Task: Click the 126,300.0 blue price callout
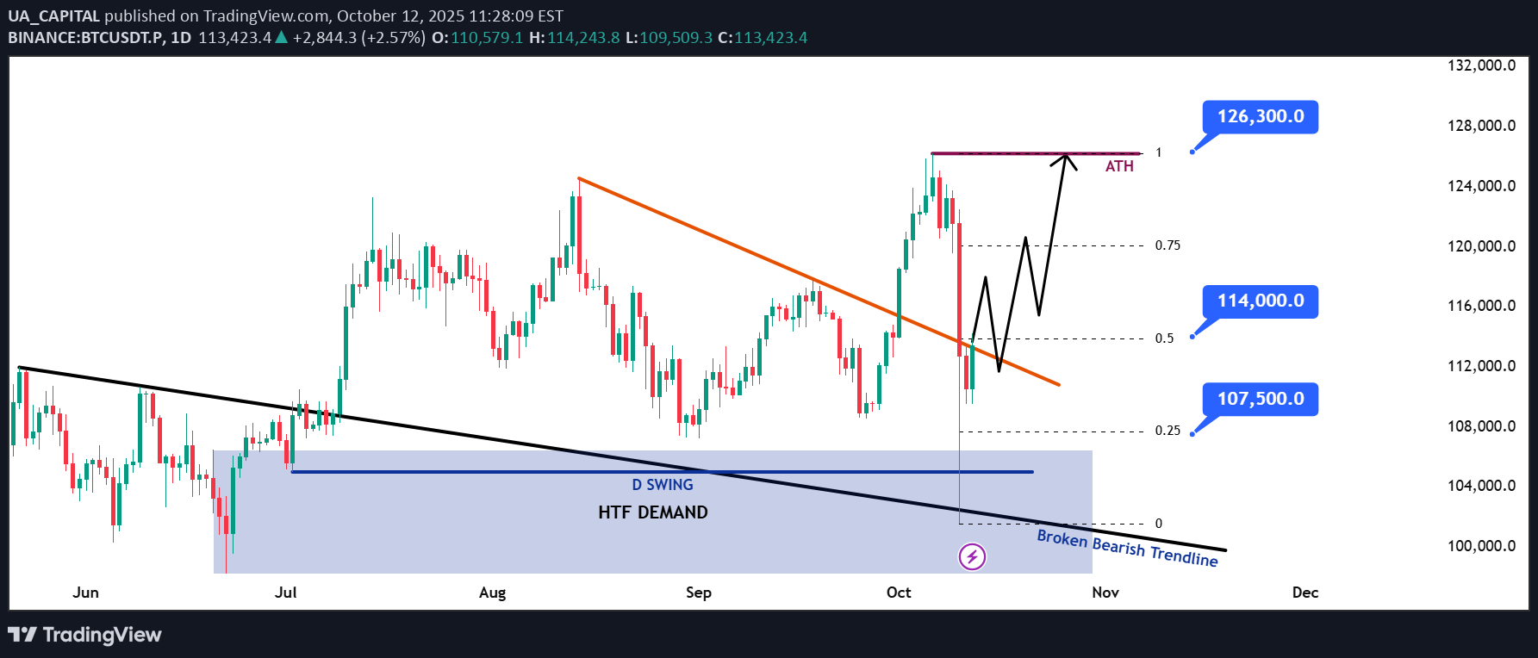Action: coord(1260,117)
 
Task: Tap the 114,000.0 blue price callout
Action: coord(1260,301)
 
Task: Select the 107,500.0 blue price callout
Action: coord(1260,399)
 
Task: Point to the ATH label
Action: coord(1119,166)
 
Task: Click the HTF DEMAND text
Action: coord(653,512)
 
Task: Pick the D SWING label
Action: coord(663,485)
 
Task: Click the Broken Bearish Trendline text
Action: coord(1127,548)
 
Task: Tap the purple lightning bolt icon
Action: coord(972,556)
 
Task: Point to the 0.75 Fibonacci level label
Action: coord(1168,245)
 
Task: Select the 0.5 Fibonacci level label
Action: coord(1164,338)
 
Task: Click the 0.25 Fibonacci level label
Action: coord(1168,431)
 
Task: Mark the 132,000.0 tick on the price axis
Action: coord(1481,65)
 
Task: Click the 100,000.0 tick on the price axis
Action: coord(1481,546)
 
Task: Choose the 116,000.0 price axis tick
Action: coord(1481,306)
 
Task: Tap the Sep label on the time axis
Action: coord(699,593)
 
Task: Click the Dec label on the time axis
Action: coord(1305,593)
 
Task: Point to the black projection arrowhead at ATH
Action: coord(1065,157)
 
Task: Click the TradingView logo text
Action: coord(102,635)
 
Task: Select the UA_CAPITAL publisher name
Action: coord(54,16)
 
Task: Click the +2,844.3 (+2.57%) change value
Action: coord(358,38)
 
